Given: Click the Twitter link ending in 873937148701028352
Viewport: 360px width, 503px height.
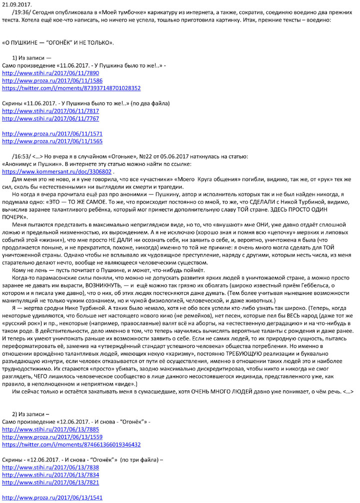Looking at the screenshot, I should click(x=71, y=88).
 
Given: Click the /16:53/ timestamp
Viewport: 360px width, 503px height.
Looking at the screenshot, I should click(x=21, y=156).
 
